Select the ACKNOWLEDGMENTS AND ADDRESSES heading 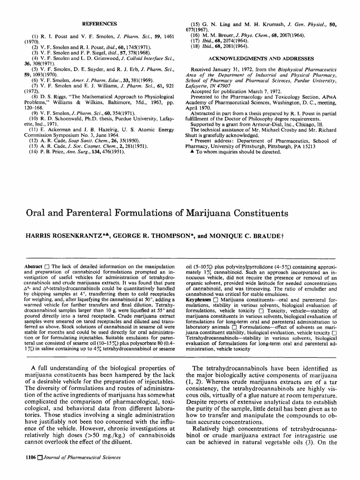[261, 59]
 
